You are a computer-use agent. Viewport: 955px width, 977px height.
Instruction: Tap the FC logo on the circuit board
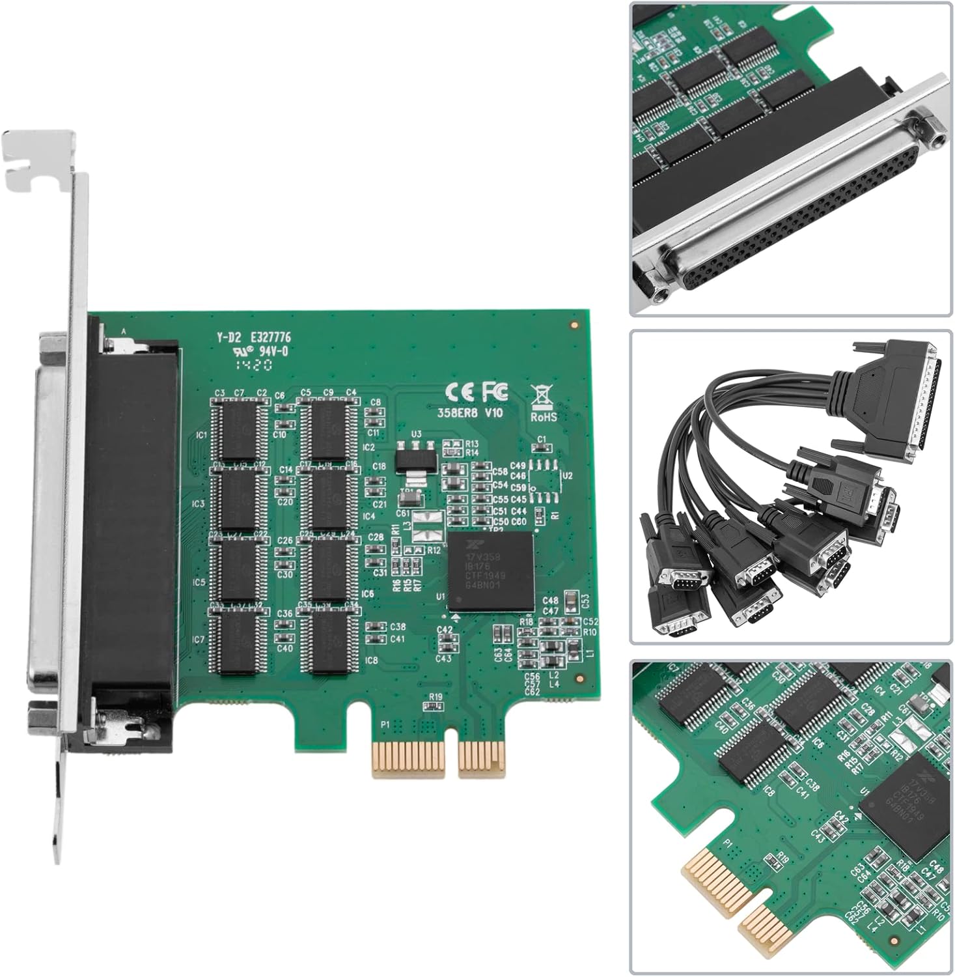click(495, 391)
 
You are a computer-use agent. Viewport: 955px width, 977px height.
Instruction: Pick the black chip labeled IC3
click(238, 499)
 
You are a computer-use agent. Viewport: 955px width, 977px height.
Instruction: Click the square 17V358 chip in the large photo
click(491, 571)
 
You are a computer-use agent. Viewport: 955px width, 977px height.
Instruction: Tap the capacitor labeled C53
click(570, 598)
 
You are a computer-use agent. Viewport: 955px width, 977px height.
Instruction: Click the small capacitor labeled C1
click(541, 447)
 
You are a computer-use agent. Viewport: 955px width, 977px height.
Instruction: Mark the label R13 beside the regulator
click(472, 444)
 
